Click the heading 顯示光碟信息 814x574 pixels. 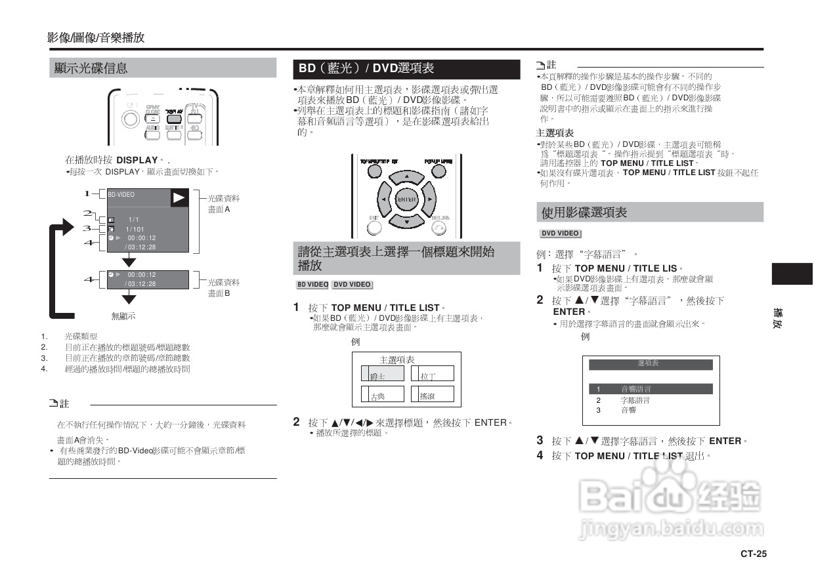click(x=91, y=68)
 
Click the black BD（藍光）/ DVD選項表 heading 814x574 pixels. click(x=366, y=68)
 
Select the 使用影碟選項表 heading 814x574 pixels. click(x=584, y=213)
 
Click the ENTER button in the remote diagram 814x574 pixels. click(x=406, y=199)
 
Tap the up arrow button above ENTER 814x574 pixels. click(x=406, y=177)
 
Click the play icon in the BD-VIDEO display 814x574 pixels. click(x=179, y=197)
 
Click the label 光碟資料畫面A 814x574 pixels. click(x=223, y=203)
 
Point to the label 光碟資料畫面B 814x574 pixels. click(x=223, y=288)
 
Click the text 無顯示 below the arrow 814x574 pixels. click(x=123, y=316)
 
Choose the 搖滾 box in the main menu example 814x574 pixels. click(x=432, y=395)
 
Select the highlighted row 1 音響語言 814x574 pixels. click(x=650, y=389)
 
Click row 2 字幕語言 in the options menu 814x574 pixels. click(x=635, y=400)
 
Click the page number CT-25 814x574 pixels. click(x=753, y=554)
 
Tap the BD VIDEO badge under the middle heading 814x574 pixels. click(x=312, y=285)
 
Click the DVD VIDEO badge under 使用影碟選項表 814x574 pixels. click(x=560, y=234)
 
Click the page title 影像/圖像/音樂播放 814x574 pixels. click(x=96, y=38)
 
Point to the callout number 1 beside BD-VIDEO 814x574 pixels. click(x=87, y=194)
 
